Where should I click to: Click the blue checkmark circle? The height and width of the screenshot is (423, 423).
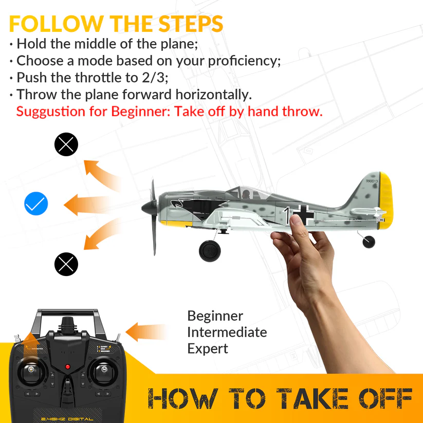point(36,205)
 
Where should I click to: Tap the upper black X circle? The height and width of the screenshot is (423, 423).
point(66,144)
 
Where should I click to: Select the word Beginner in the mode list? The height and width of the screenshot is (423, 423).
point(215,316)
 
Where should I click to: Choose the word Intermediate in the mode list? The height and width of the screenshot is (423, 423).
point(227,332)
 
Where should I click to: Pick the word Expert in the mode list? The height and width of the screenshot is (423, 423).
point(207,348)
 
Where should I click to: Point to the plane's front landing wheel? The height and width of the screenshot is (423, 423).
point(210,250)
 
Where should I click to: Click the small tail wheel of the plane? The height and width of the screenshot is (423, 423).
point(369,241)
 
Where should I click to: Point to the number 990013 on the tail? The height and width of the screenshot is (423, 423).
point(372,181)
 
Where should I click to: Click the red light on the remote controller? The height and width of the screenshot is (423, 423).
point(67,367)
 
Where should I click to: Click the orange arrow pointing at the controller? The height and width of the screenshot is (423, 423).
point(146,331)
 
